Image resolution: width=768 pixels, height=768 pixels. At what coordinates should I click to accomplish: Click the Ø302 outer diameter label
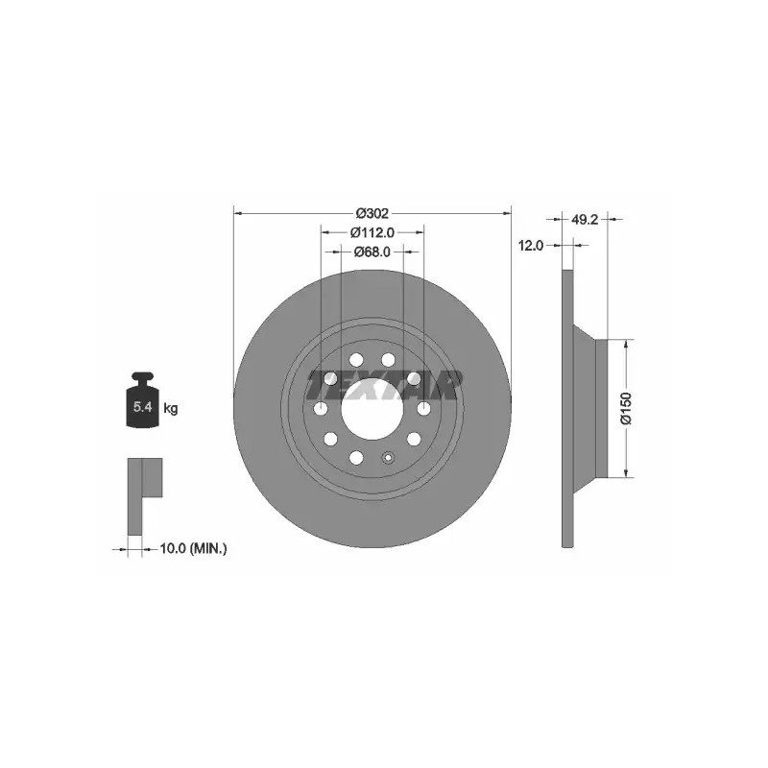coord(372,213)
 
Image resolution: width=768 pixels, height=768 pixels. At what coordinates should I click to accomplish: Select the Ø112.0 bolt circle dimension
coord(372,232)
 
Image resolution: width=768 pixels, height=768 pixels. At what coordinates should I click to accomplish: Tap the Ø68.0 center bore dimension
coord(372,252)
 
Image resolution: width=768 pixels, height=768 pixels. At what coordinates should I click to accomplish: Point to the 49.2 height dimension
coord(585,220)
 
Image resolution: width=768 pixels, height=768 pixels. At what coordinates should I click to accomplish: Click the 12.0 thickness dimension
coord(531,246)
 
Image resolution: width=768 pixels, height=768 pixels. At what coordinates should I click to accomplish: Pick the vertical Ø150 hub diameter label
coord(627,408)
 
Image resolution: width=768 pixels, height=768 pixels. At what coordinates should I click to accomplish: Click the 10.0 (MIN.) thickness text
coord(194,548)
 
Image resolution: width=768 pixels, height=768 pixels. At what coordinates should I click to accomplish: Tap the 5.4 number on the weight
coord(142,406)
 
